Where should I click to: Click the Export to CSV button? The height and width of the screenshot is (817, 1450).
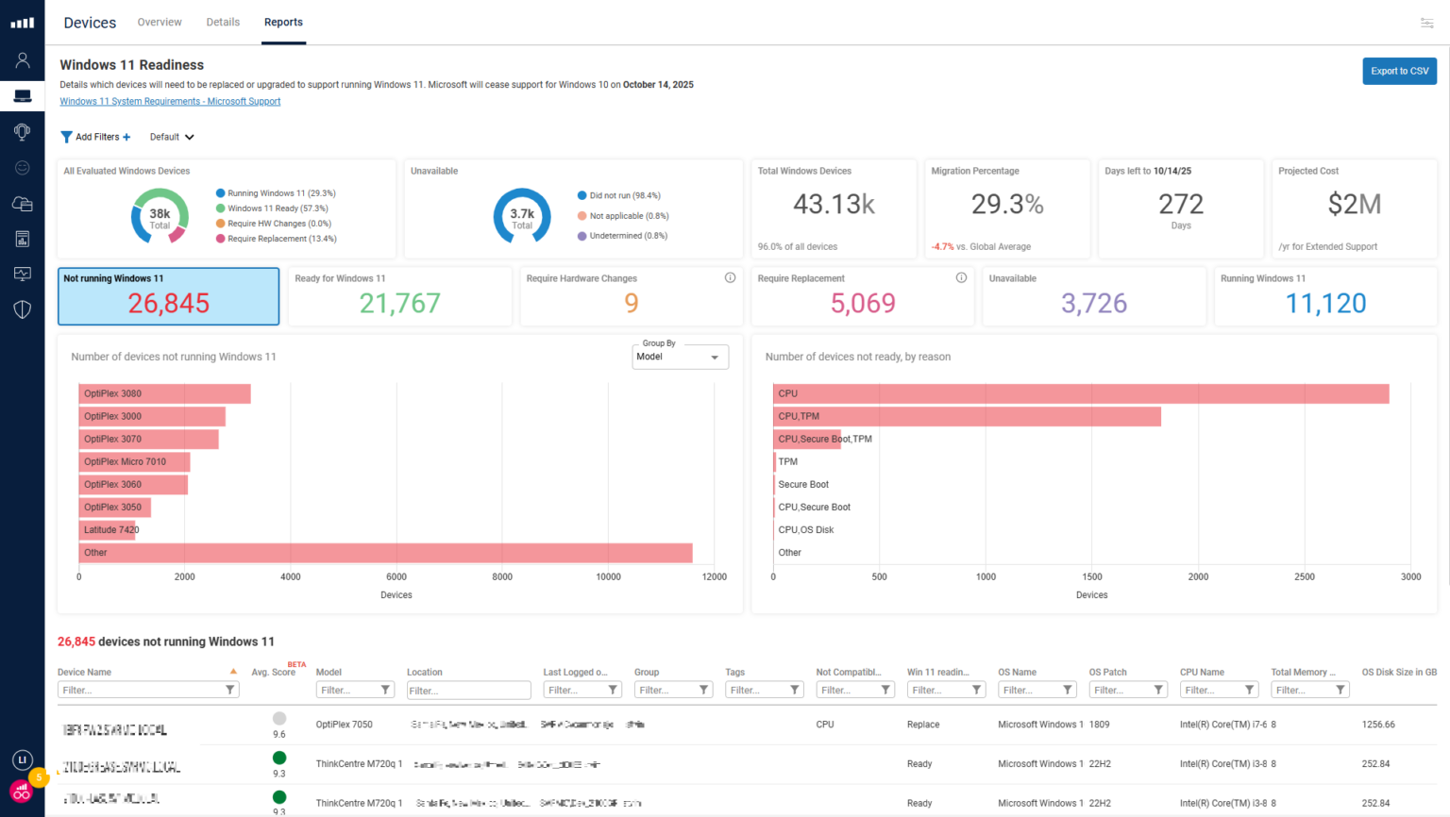[1399, 71]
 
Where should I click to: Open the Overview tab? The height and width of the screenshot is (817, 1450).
[160, 22]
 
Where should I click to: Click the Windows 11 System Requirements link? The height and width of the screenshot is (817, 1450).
[170, 101]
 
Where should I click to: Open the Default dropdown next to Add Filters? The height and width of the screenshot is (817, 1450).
[172, 137]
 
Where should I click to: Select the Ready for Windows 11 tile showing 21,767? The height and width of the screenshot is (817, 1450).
[399, 297]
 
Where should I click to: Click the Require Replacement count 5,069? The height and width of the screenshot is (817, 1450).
[862, 303]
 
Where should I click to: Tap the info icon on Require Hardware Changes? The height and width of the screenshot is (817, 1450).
[730, 277]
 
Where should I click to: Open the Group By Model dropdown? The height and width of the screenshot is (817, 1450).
[680, 357]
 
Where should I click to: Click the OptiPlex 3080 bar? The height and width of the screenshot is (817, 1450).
[164, 393]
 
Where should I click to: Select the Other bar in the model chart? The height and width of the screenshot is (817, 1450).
[385, 553]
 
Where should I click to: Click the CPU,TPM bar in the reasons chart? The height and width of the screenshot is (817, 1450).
[967, 416]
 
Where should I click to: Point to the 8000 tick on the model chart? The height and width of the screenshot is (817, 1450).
[502, 576]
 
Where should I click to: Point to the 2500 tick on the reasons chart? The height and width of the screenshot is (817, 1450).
[1304, 576]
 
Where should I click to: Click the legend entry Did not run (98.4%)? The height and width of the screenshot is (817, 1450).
[624, 195]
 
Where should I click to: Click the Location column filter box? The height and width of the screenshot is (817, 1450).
[468, 691]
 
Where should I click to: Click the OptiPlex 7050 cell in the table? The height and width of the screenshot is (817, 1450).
[344, 725]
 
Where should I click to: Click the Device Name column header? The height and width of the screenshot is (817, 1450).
[85, 672]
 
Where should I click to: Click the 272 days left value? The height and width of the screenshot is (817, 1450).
[1180, 205]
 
